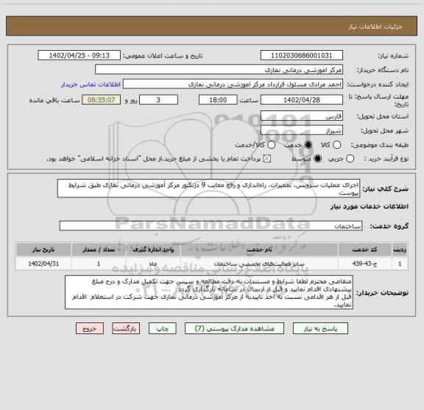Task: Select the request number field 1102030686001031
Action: click(302, 56)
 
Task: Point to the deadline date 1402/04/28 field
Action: click(302, 100)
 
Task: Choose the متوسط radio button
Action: click(317, 158)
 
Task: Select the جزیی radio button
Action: click(350, 158)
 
